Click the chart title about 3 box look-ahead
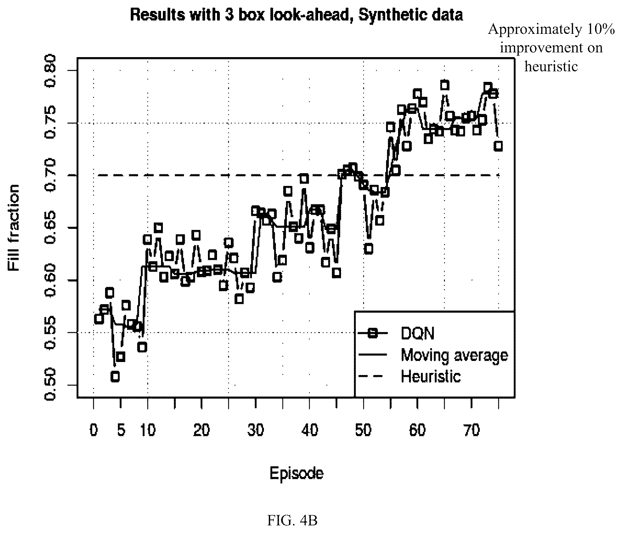click(296, 15)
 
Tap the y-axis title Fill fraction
click(13, 228)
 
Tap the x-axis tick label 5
click(121, 430)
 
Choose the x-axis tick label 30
click(256, 430)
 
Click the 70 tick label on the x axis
click(471, 430)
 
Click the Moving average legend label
click(454, 354)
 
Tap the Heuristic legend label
click(431, 376)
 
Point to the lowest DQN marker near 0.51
click(115, 377)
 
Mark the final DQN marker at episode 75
click(498, 146)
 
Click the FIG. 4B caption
click(293, 521)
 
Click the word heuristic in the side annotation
click(551, 66)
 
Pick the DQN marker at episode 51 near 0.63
click(369, 249)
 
